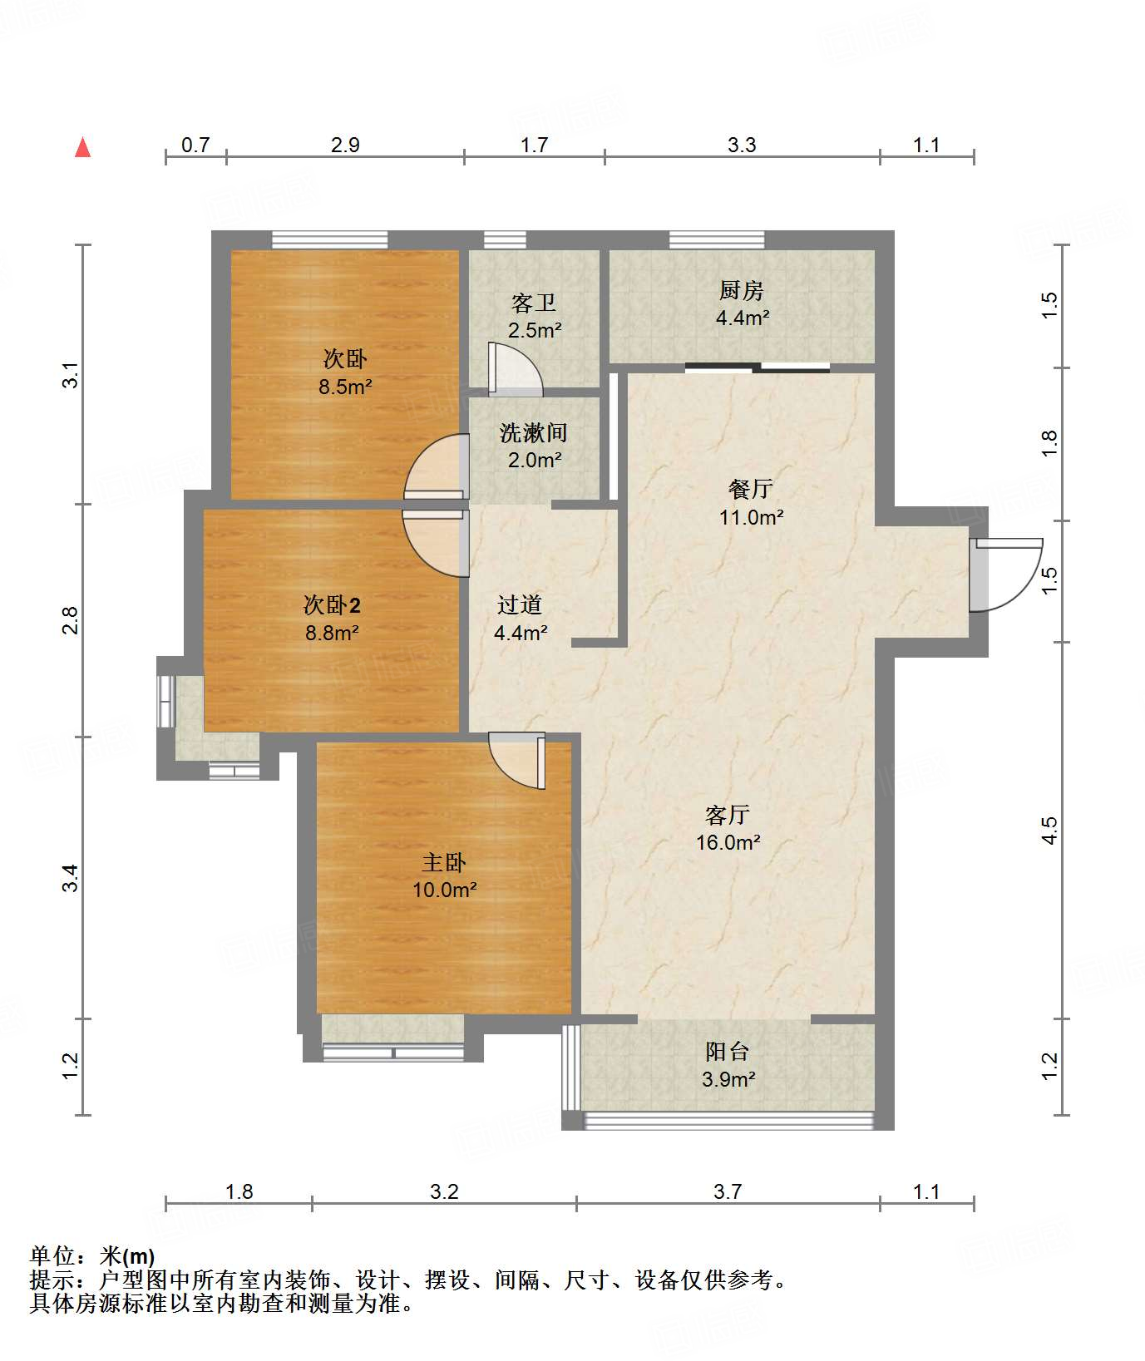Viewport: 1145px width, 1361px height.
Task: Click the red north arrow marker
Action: pos(82,147)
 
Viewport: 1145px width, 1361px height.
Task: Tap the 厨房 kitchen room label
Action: pos(741,290)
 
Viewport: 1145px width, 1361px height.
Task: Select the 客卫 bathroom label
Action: pos(534,303)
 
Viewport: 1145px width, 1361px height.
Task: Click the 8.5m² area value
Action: pos(345,387)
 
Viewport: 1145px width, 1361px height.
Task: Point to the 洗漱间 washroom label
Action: pos(533,432)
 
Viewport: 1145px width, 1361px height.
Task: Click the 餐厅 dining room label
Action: pos(750,489)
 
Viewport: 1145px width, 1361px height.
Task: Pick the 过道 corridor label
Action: pos(520,604)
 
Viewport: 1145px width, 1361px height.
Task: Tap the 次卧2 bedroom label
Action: pos(332,604)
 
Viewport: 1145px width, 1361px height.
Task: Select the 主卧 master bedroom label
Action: pos(444,861)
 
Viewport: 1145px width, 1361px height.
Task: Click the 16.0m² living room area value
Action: pos(728,842)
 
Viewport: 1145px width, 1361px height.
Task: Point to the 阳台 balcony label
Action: pos(728,1052)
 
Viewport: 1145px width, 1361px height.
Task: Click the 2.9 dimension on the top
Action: pos(345,145)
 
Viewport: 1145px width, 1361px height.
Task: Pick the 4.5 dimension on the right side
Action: pos(1049,831)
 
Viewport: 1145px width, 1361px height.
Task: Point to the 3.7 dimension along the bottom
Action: pos(728,1191)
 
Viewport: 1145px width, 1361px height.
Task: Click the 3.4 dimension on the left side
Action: pos(72,878)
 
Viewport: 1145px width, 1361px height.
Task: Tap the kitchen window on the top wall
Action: pos(717,239)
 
